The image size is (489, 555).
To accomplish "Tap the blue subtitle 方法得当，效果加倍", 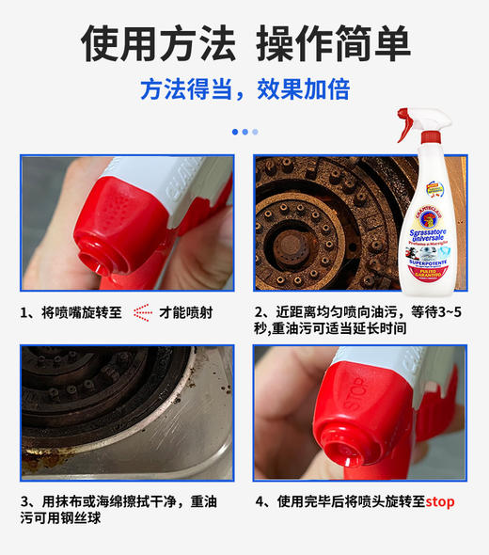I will [x=244, y=89].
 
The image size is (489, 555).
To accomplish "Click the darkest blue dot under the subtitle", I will [x=235, y=132].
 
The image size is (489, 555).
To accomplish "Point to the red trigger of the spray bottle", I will [x=405, y=122].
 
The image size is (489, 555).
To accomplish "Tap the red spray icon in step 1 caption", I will [x=142, y=311].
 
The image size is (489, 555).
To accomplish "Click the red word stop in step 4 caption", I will [x=439, y=501].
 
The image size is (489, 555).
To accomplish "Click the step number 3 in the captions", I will [x=25, y=501].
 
